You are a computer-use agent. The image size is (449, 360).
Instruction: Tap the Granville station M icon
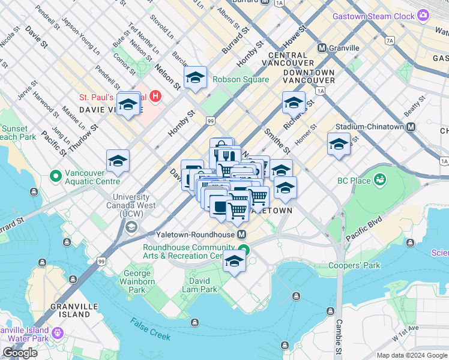(x=322, y=48)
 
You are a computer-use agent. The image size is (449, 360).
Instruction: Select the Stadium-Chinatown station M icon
(x=411, y=127)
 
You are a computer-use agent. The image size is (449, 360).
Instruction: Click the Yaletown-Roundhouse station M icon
(x=242, y=234)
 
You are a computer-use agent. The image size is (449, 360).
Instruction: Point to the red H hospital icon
(x=156, y=96)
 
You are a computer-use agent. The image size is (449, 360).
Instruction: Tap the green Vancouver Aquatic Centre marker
(x=55, y=176)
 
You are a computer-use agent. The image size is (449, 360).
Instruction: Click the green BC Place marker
(x=379, y=179)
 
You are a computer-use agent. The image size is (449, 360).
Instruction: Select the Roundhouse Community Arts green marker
(x=243, y=250)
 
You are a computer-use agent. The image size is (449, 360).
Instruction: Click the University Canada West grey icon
(x=131, y=227)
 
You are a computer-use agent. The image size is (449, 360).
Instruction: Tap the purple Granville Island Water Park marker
(x=58, y=332)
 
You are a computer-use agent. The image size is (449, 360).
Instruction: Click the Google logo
(x=20, y=353)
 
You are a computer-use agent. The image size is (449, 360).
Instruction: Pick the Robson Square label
(x=239, y=79)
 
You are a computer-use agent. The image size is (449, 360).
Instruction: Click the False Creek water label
(x=150, y=328)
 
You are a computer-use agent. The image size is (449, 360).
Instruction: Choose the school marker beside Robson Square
(x=195, y=78)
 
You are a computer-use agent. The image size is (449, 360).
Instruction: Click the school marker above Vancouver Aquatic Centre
(x=118, y=161)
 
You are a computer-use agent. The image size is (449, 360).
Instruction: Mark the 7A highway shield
(x=390, y=40)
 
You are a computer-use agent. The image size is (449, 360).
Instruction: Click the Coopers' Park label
(x=354, y=265)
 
